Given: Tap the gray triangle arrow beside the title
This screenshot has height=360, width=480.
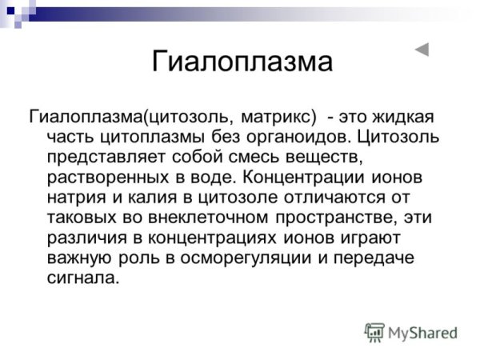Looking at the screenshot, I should click(x=422, y=50).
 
